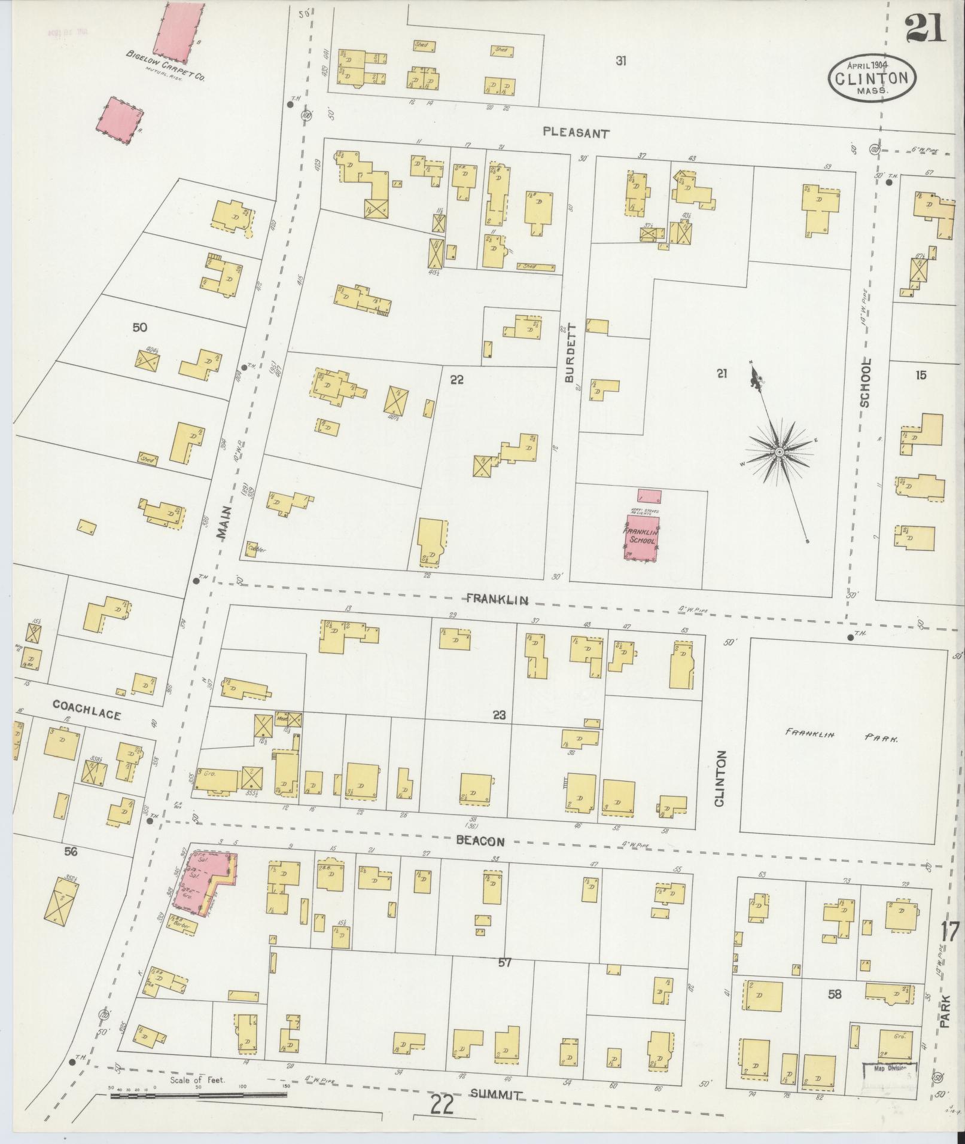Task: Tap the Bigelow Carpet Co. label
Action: [x=164, y=66]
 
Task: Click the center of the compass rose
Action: [x=780, y=453]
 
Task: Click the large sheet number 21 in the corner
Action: [x=924, y=29]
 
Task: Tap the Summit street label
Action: [x=496, y=1095]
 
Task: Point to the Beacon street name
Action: [x=480, y=841]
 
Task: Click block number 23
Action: [x=499, y=714]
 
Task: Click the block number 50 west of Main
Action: [x=140, y=327]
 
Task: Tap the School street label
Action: [x=865, y=383]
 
